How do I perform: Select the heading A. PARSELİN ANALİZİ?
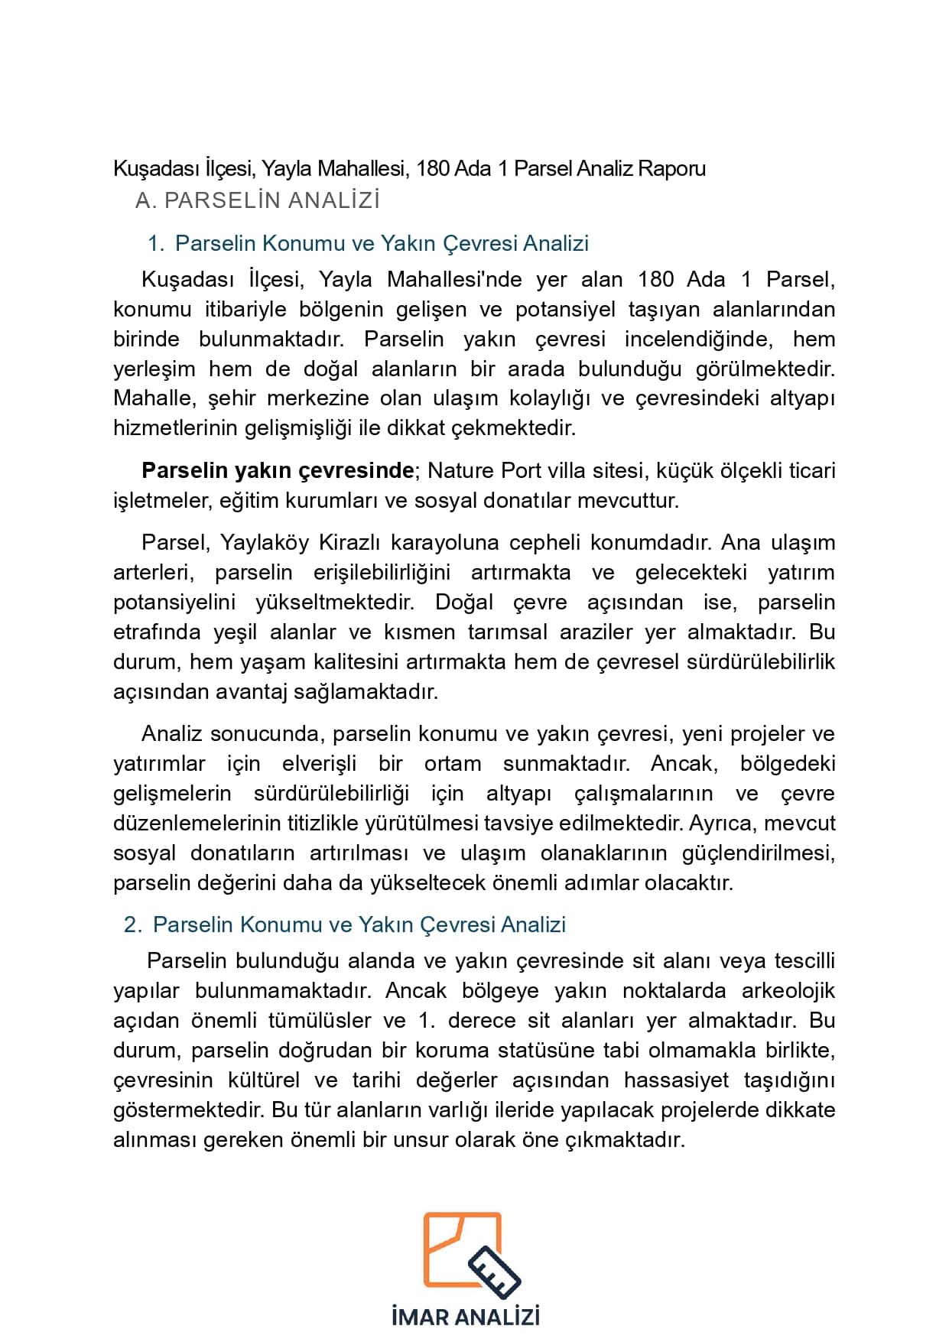(x=257, y=200)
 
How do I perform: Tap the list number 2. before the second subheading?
(x=133, y=924)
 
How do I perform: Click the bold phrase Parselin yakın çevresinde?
(x=278, y=470)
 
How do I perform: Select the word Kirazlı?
(x=349, y=542)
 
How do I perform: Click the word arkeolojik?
(x=788, y=990)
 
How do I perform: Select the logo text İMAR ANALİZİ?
(x=465, y=1317)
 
